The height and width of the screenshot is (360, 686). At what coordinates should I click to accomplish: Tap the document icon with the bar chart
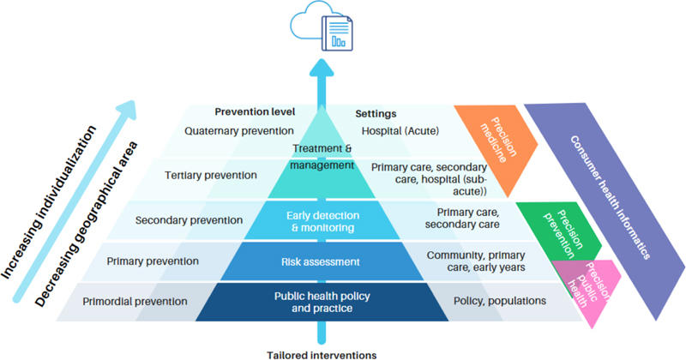[x=337, y=33]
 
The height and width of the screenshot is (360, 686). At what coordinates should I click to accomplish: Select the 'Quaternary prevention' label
[x=239, y=131]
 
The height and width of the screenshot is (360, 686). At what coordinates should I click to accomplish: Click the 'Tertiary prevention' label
[x=210, y=175]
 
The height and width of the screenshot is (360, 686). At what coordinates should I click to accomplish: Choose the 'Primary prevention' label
[x=153, y=261]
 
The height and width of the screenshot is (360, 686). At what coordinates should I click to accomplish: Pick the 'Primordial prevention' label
[x=135, y=302]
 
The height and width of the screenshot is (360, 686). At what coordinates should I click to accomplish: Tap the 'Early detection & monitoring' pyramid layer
[x=322, y=221]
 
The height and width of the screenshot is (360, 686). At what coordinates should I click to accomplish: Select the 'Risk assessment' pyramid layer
[x=322, y=261]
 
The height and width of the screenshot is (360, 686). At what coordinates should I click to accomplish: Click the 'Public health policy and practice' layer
[x=322, y=303]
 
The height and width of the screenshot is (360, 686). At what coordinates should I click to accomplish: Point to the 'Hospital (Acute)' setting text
[x=400, y=131]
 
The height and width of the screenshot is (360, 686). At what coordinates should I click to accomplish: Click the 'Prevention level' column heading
[x=255, y=112]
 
